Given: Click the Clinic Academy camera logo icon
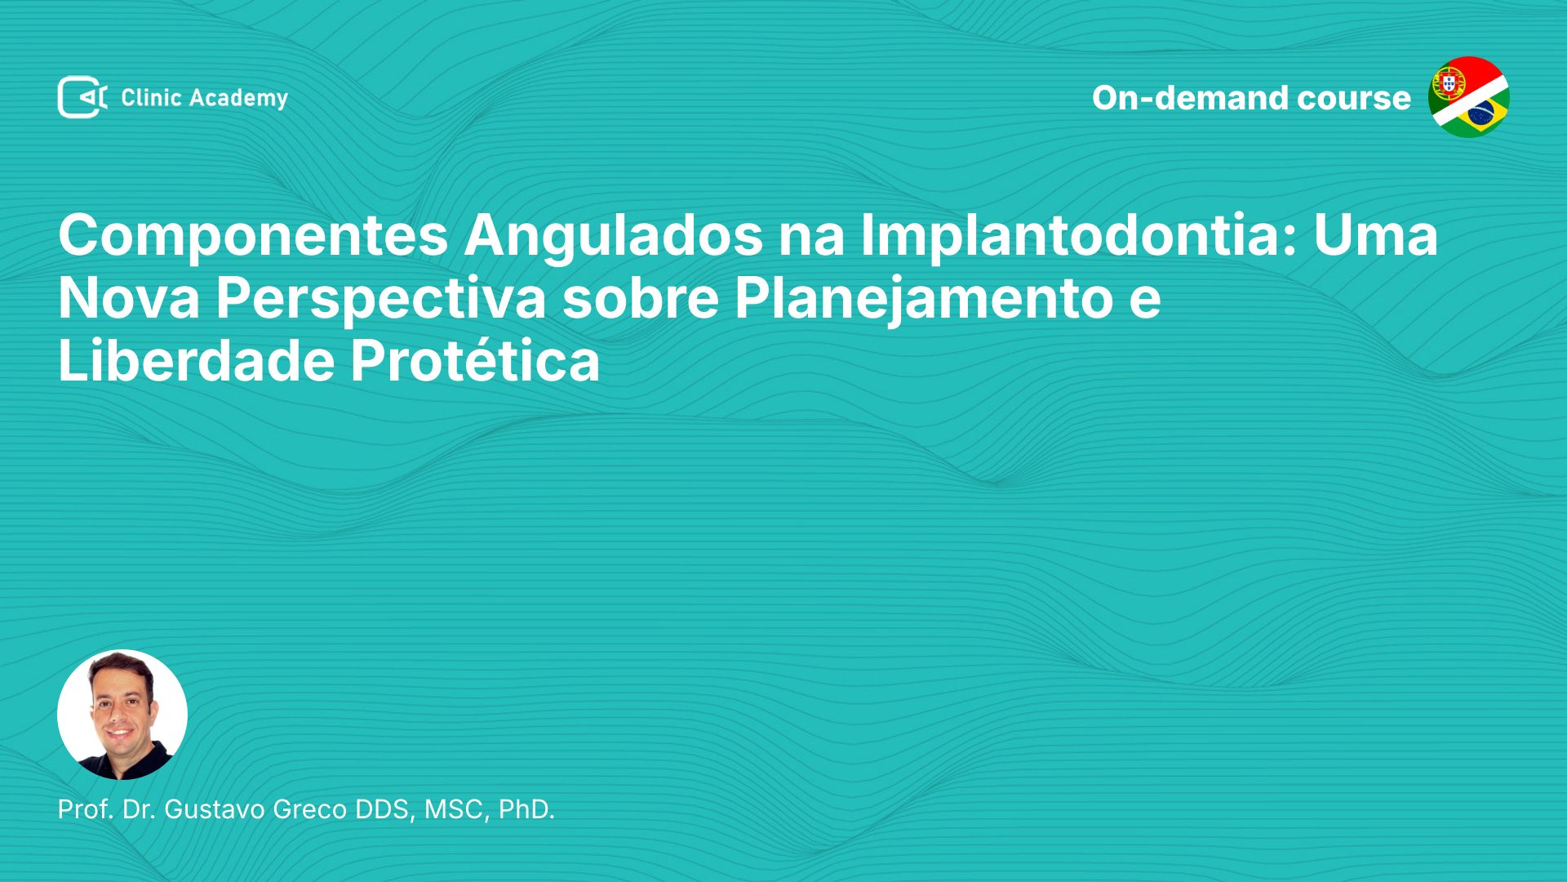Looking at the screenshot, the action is tap(82, 97).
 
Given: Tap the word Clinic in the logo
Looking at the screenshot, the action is tap(151, 98).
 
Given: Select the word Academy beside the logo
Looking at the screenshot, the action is tap(239, 99).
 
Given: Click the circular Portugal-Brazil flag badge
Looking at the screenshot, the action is tap(1469, 97).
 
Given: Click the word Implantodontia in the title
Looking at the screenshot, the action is tap(1079, 235).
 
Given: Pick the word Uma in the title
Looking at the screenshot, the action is tap(1375, 235).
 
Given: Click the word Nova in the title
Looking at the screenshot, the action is tap(129, 298).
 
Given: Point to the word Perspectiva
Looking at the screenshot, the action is tap(381, 300).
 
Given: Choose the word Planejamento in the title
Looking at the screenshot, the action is tap(923, 300).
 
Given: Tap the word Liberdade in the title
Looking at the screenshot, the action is tap(197, 360).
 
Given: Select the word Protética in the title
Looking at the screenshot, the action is tap(476, 360).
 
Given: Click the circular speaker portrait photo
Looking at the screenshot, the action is tap(122, 715).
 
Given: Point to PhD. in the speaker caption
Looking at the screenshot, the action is tap(526, 809).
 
